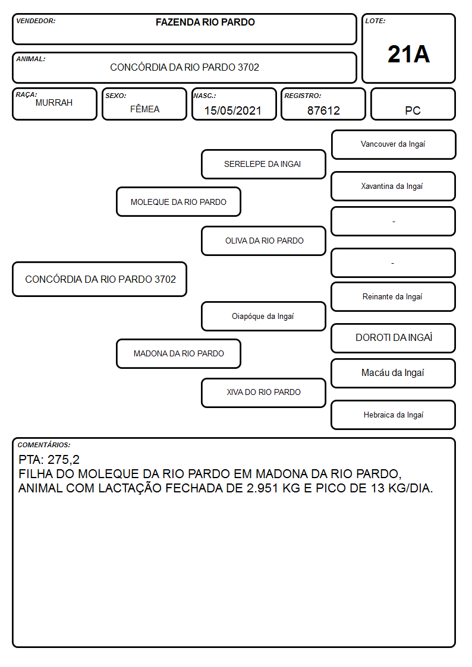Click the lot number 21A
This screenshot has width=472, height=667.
408,54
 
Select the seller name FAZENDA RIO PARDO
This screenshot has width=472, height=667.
205,22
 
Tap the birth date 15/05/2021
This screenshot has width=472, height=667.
233,110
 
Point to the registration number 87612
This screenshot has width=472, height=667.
323,110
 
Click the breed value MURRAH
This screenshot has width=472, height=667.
54,103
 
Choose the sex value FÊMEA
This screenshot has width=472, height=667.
144,109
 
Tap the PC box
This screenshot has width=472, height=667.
413,104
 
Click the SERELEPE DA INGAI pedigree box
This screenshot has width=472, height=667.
263,164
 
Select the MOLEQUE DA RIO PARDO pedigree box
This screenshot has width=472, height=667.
179,201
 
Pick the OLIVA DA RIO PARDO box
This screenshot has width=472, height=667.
263,241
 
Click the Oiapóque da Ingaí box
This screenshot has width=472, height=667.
263,316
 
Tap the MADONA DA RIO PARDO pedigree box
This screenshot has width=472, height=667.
179,353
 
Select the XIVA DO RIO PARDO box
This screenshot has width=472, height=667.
263,393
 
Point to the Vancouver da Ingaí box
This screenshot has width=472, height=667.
394,145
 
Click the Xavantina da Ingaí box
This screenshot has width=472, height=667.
394,186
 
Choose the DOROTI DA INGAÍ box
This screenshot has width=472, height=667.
394,338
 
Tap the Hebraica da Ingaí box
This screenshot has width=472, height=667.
394,415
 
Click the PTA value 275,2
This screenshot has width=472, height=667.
64,460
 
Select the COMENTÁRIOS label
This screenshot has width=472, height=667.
44,445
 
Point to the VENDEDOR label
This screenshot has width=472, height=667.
36,21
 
